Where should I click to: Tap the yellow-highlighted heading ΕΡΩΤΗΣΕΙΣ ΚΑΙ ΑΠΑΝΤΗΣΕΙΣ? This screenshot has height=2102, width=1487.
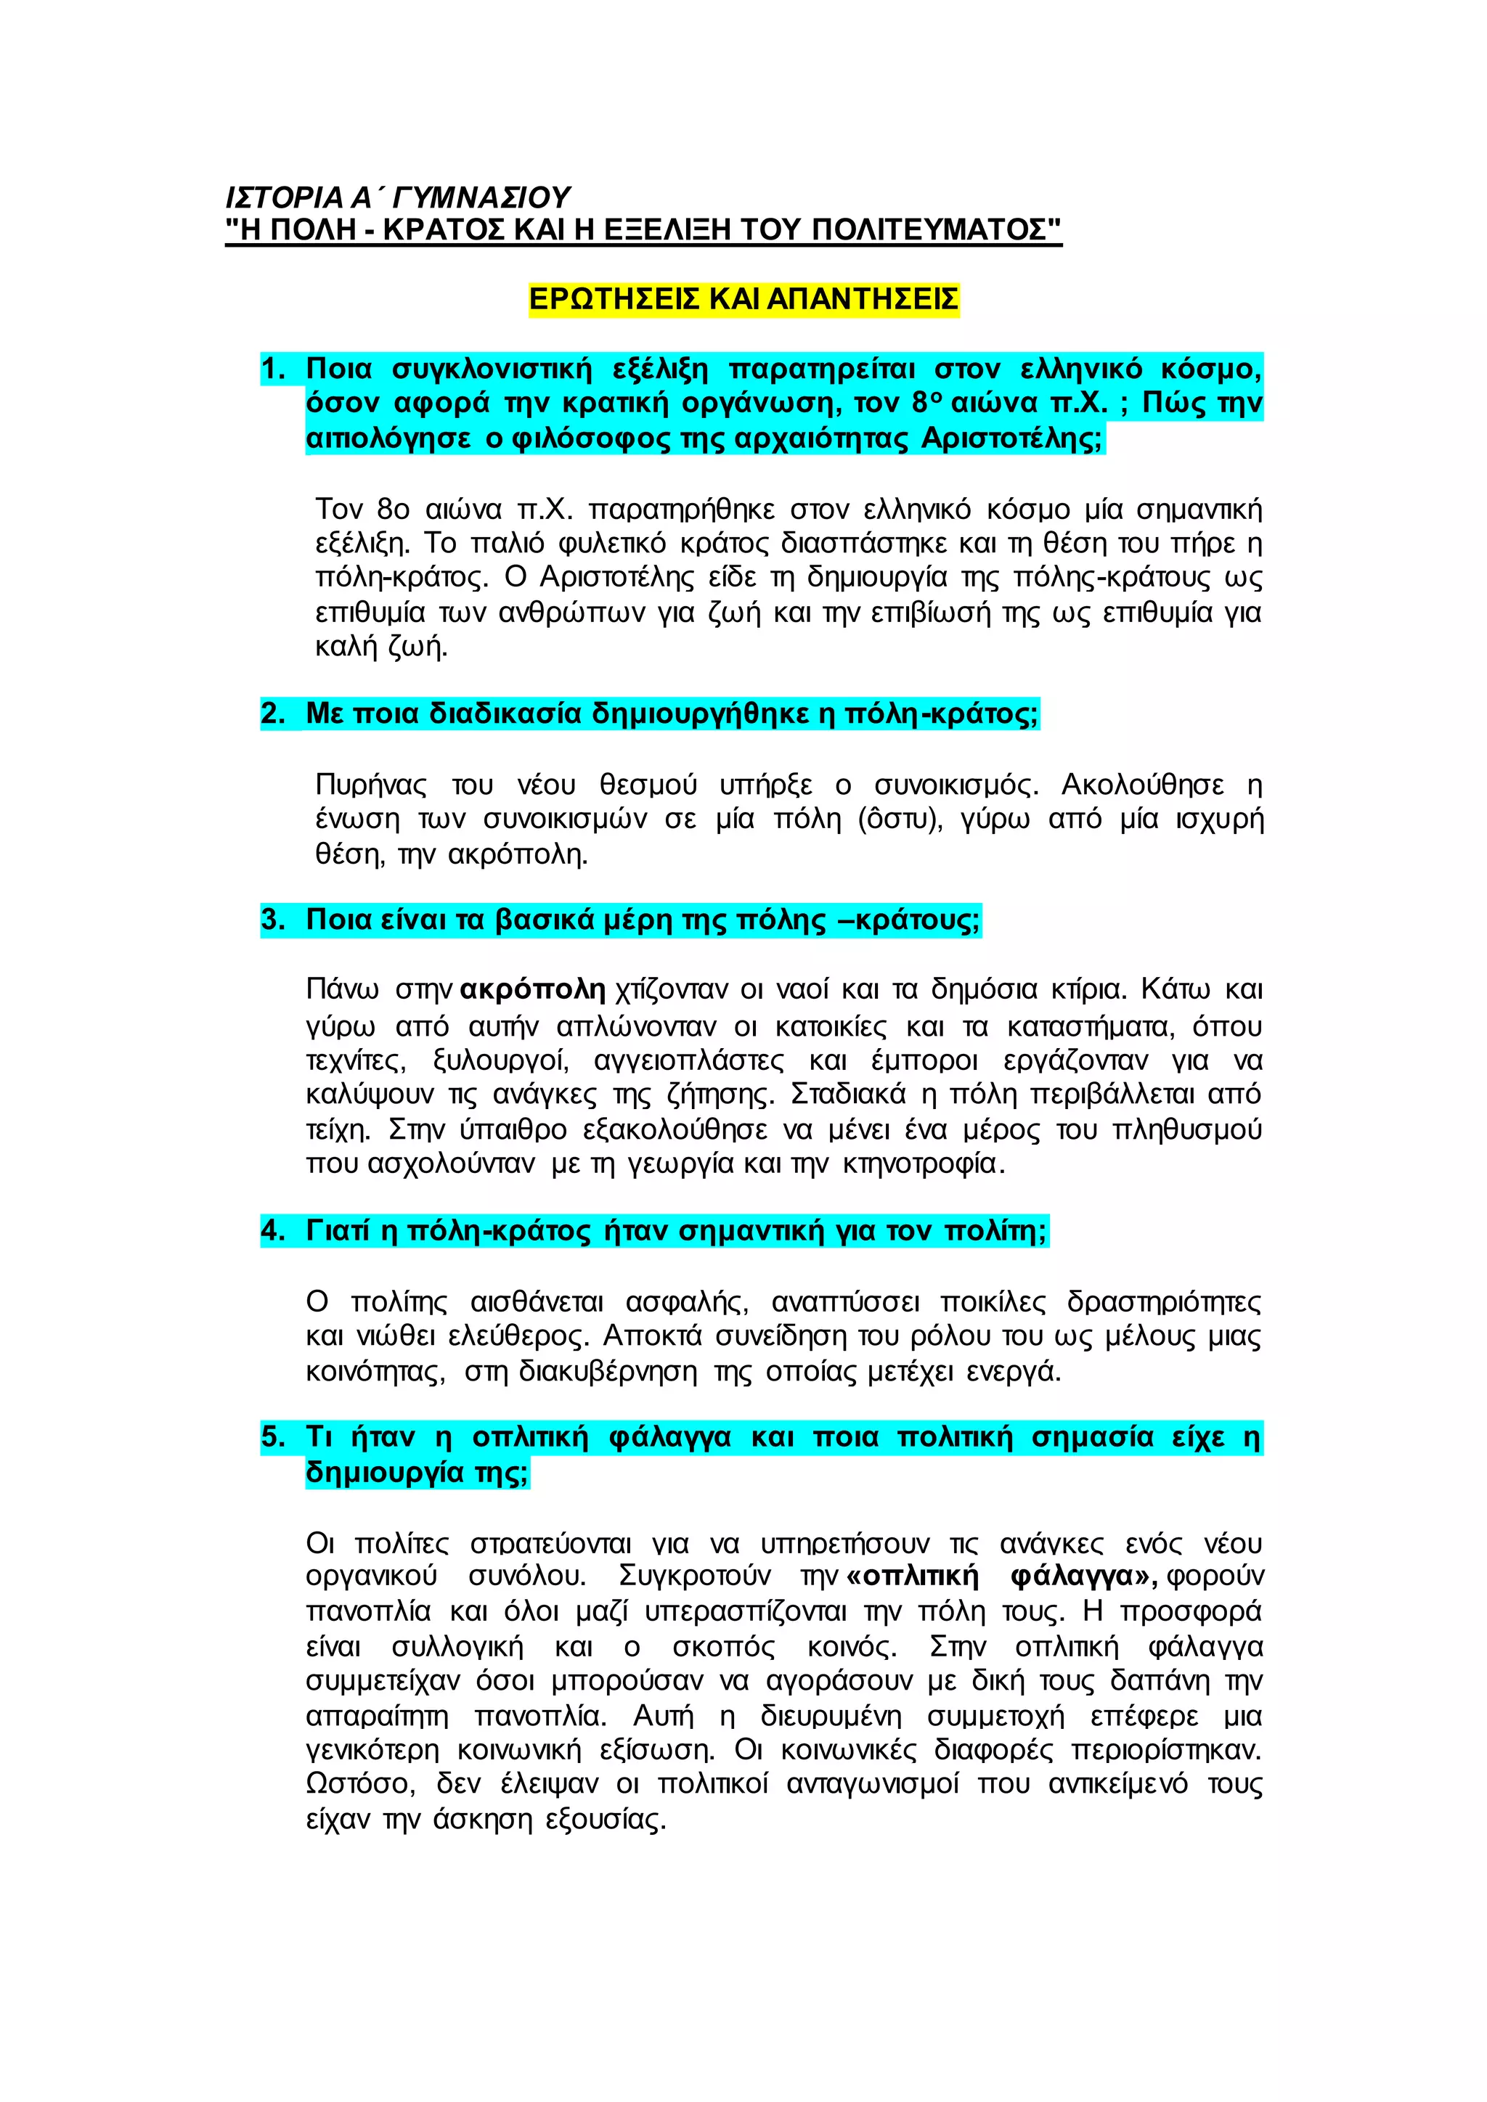(x=743, y=298)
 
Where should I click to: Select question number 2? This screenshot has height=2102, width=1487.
(x=272, y=713)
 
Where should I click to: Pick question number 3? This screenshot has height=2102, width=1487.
(x=272, y=919)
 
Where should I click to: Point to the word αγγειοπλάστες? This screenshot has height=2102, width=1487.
(x=688, y=1060)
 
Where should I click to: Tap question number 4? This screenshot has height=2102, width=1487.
(x=272, y=1230)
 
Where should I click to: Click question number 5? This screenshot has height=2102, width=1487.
(x=272, y=1436)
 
